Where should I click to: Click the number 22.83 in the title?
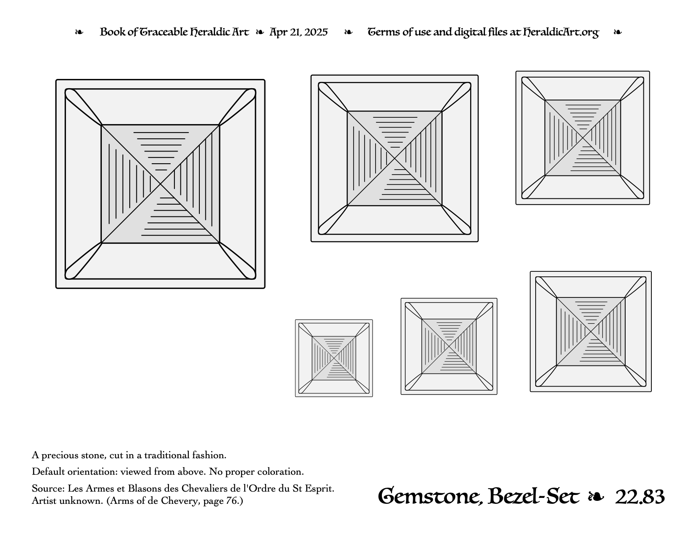tap(640, 497)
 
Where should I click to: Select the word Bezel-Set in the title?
tap(534, 497)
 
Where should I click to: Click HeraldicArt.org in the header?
tap(561, 32)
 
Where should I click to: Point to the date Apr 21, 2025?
tap(298, 32)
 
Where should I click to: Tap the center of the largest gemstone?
tap(161, 184)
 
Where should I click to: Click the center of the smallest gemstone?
tap(334, 358)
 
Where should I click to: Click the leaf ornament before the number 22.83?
tap(596, 497)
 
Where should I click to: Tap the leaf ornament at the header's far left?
tap(79, 32)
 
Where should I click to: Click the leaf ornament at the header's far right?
tap(617, 32)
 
